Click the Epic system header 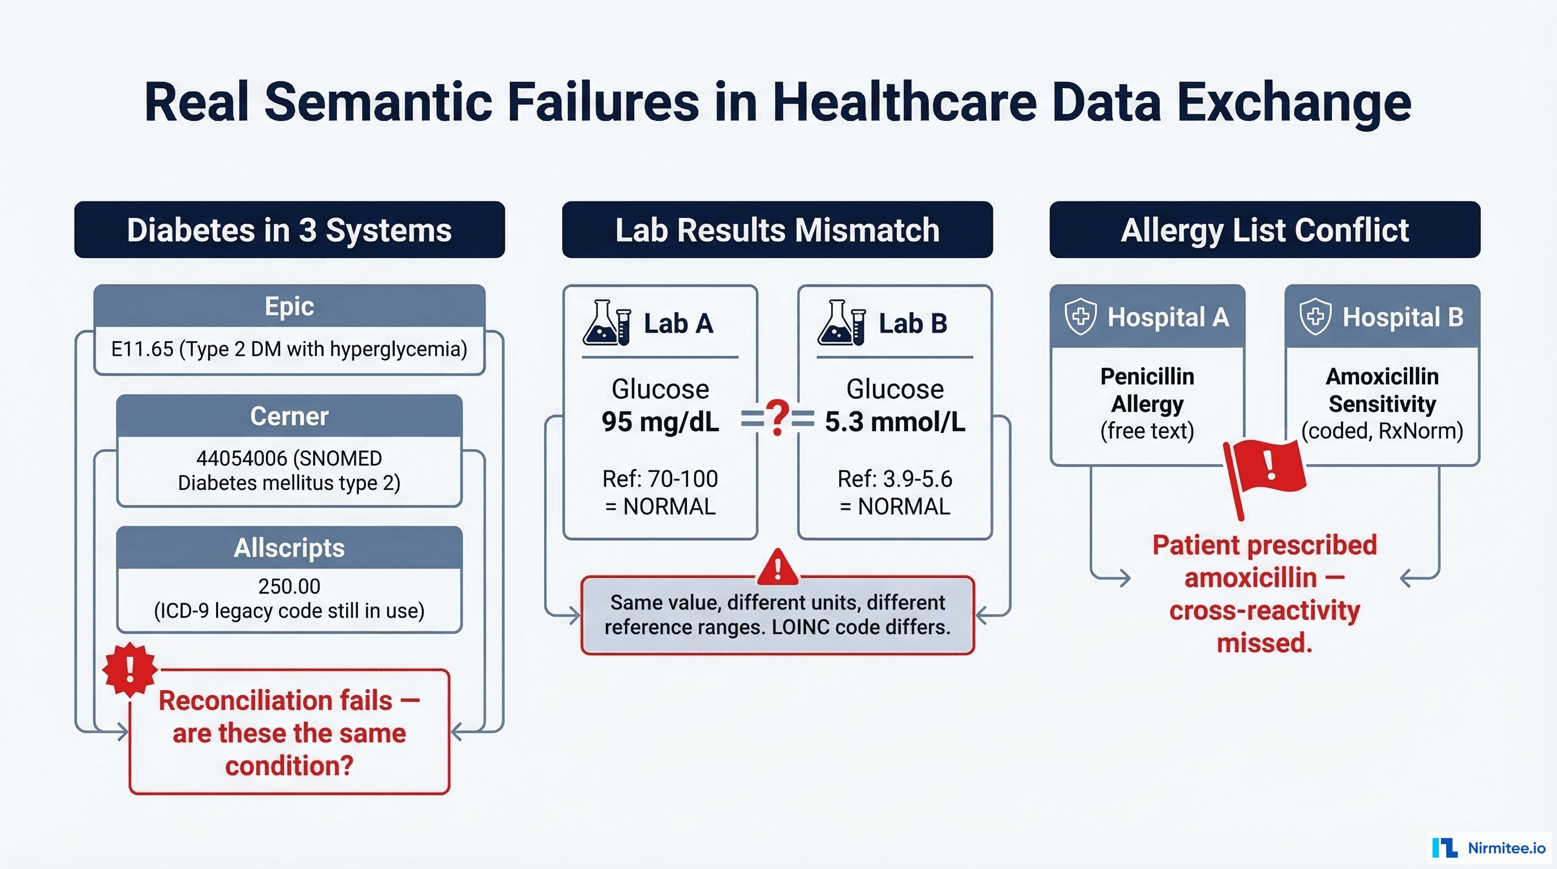coord(289,307)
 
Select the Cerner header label coord(289,416)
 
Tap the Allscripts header coord(289,548)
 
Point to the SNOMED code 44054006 coord(241,458)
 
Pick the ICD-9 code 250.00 coord(289,586)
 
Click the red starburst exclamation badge coord(130,670)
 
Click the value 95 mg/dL coord(660,422)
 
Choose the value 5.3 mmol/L coord(894,422)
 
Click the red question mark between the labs coord(777,418)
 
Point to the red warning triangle coord(777,568)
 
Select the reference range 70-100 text coord(682,479)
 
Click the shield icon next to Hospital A coord(1081,316)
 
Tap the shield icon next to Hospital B coord(1315,316)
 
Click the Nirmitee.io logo coord(1489,848)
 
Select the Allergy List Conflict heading coord(1264,230)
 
